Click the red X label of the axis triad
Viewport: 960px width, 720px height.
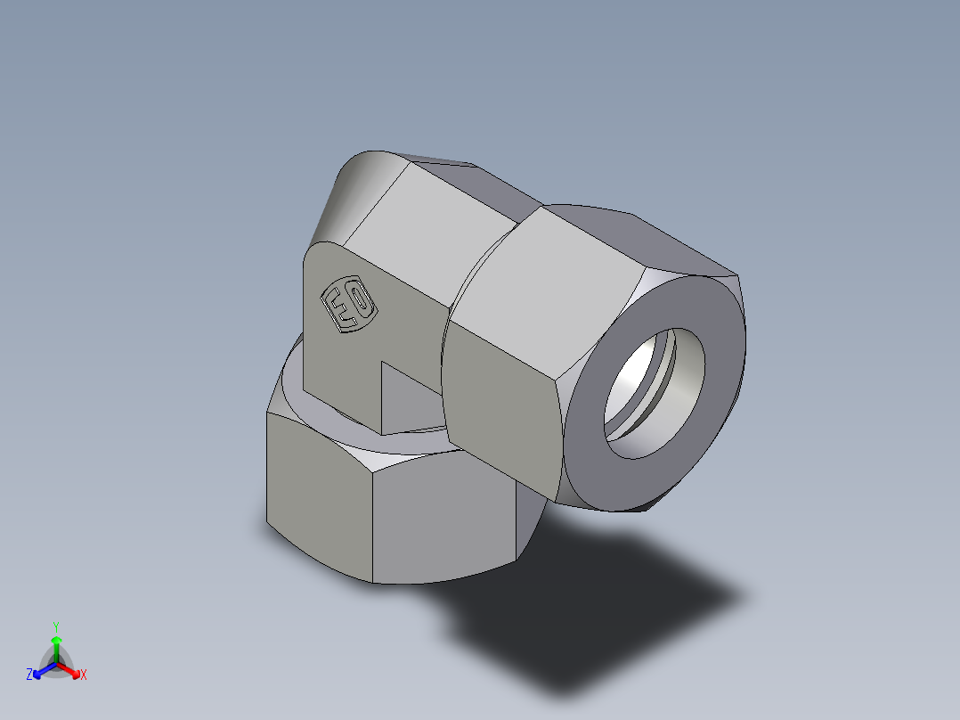[x=83, y=675]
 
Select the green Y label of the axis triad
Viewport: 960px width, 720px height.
[x=55, y=626]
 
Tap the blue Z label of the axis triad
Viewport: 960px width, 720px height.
[x=29, y=675]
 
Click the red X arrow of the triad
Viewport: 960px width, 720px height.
[x=70, y=670]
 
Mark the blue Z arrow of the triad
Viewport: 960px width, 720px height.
[x=41, y=670]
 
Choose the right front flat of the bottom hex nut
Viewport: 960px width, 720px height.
[x=445, y=517]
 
